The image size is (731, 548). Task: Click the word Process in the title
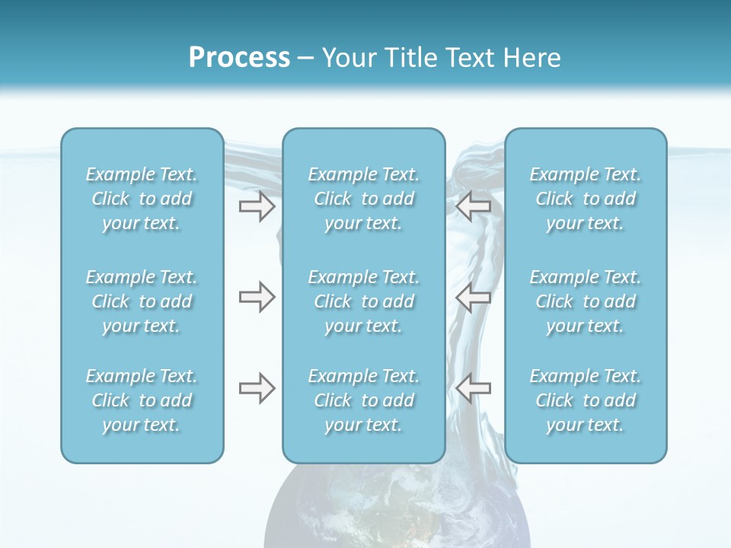tap(239, 58)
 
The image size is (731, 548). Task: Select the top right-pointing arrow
tap(257, 206)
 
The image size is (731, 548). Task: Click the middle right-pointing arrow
tap(257, 297)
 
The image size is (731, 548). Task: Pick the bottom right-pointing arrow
tap(257, 388)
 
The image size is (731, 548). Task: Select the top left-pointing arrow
tap(474, 206)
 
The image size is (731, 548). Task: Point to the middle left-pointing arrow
tap(474, 297)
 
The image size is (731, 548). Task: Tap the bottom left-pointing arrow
tap(474, 388)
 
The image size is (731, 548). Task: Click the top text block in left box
tap(142, 199)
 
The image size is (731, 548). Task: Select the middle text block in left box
tap(142, 301)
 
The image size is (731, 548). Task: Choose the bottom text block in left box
tap(142, 400)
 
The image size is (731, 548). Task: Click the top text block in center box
tap(364, 199)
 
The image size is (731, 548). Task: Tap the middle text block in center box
tap(364, 301)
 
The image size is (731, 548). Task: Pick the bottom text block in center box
tap(364, 400)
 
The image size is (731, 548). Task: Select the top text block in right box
tap(586, 199)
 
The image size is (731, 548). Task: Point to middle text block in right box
tap(586, 301)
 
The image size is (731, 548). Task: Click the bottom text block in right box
tap(586, 400)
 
